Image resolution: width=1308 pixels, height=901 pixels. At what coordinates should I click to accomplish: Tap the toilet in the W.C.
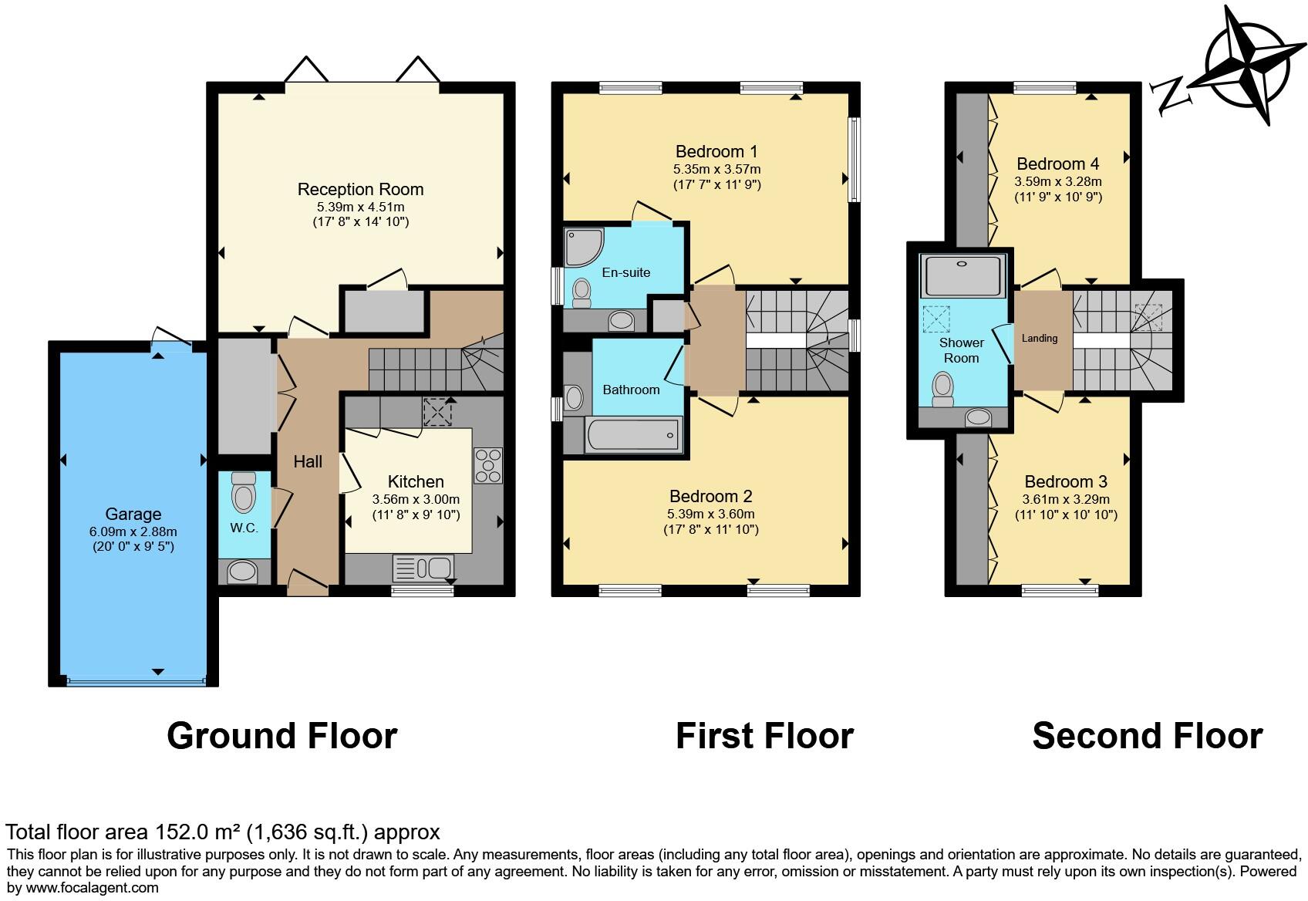(244, 493)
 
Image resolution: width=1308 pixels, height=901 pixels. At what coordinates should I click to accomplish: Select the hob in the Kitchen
(487, 465)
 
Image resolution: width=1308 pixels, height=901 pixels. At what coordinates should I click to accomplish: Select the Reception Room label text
(360, 189)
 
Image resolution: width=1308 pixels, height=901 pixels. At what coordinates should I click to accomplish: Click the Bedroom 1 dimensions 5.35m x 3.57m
(716, 169)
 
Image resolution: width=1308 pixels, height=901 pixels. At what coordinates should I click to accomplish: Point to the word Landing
(1039, 338)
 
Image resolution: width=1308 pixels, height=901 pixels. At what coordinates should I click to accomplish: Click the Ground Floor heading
(281, 735)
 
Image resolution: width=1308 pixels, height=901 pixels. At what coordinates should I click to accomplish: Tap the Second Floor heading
(1147, 735)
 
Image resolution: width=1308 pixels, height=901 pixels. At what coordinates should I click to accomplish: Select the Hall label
(308, 461)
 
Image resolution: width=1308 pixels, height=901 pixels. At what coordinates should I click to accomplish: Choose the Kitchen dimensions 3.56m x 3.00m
(415, 499)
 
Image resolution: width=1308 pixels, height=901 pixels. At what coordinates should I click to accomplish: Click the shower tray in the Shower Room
(964, 276)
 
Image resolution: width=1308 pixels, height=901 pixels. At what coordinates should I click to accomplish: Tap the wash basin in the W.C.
(244, 572)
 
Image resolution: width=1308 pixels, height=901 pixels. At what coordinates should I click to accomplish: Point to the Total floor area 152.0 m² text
(223, 832)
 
